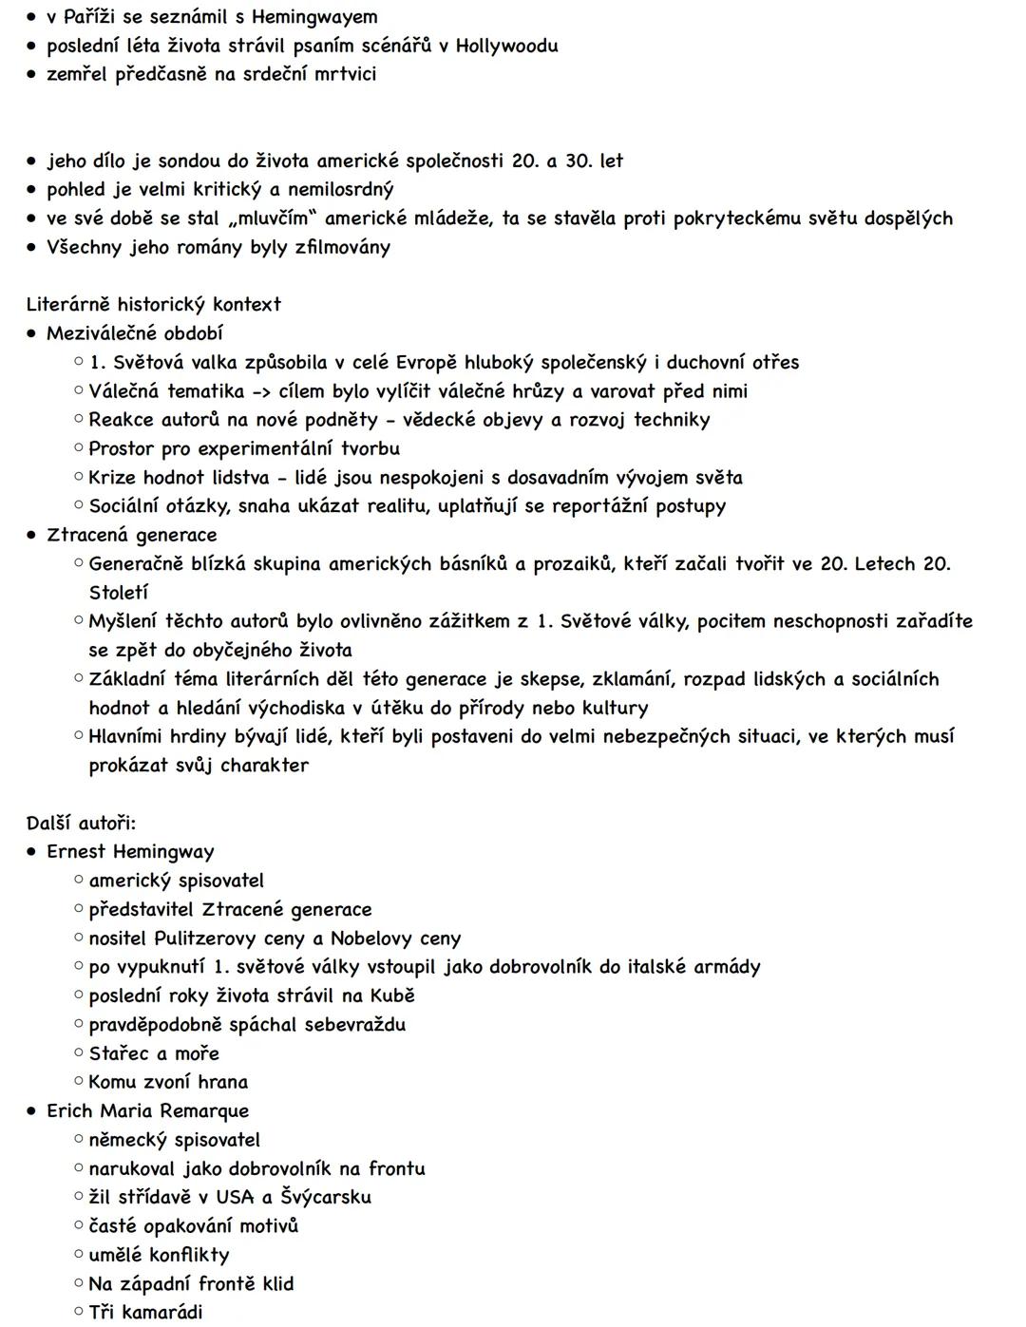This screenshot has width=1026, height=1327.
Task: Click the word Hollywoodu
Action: click(x=506, y=46)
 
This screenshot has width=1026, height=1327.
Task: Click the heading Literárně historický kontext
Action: click(x=154, y=305)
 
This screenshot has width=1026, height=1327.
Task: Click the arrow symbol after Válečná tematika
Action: click(x=261, y=391)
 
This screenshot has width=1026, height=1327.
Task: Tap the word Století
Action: click(x=119, y=593)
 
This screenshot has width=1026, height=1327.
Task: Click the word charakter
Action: click(x=264, y=766)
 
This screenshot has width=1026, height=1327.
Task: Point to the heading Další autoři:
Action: click(x=82, y=823)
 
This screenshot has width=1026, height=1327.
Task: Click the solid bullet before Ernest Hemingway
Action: click(x=32, y=852)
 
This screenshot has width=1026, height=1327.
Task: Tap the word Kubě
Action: click(x=391, y=995)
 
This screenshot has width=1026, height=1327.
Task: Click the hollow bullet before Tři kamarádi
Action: click(x=79, y=1312)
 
